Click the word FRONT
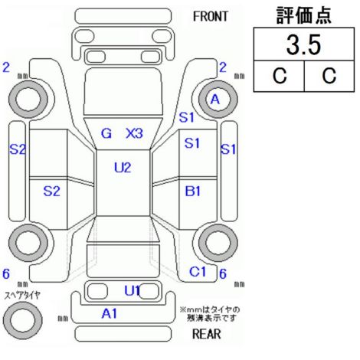pyautogui.click(x=210, y=17)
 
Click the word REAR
pyautogui.click(x=206, y=334)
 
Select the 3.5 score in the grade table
pyautogui.click(x=303, y=44)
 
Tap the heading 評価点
pyautogui.click(x=304, y=15)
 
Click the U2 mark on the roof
pyautogui.click(x=123, y=168)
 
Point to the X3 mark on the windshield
pyautogui.click(x=134, y=133)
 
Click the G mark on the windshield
pyautogui.click(x=106, y=133)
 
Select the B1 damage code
pyautogui.click(x=193, y=191)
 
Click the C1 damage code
pyautogui.click(x=198, y=272)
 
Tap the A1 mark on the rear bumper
pyautogui.click(x=110, y=313)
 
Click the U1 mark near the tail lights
pyautogui.click(x=132, y=290)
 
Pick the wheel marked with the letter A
pyautogui.click(x=218, y=100)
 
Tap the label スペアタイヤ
pyautogui.click(x=22, y=296)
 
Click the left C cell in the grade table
pyautogui.click(x=280, y=76)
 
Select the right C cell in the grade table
pyautogui.click(x=329, y=76)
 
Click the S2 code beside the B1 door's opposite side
pyautogui.click(x=51, y=191)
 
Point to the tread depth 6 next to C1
pyautogui.click(x=223, y=274)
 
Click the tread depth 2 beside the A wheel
pyautogui.click(x=223, y=67)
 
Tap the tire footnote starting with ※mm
pyautogui.click(x=210, y=314)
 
